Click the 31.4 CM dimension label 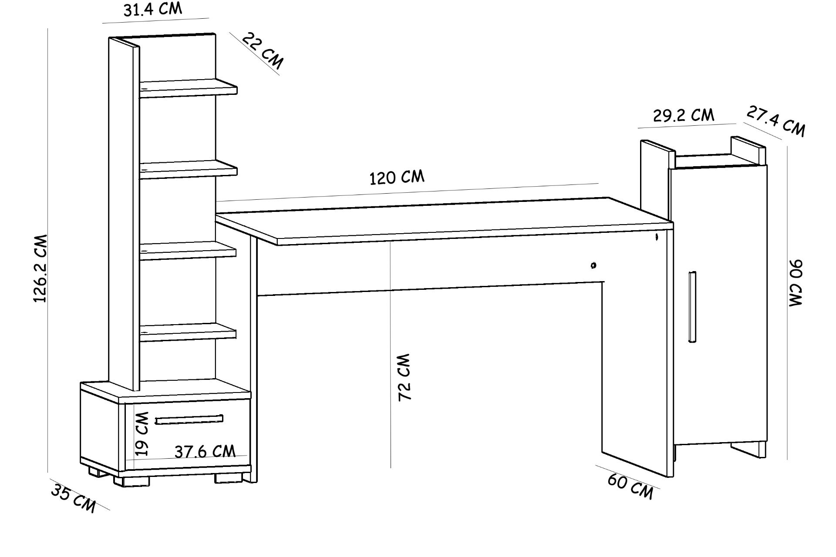(x=152, y=9)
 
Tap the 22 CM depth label (x=262, y=51)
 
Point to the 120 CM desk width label (x=397, y=178)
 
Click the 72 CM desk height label (x=405, y=377)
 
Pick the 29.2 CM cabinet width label (x=684, y=116)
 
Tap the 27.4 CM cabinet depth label (x=776, y=121)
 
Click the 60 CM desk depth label (x=630, y=487)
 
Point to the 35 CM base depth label (x=73, y=497)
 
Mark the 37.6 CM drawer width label (x=205, y=452)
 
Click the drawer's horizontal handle (x=189, y=419)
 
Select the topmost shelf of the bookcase (x=188, y=88)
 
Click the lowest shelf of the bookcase (x=188, y=332)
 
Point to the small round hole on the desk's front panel (x=593, y=265)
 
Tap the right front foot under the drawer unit (x=228, y=477)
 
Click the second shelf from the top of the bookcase (x=188, y=169)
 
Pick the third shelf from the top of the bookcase (x=188, y=252)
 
